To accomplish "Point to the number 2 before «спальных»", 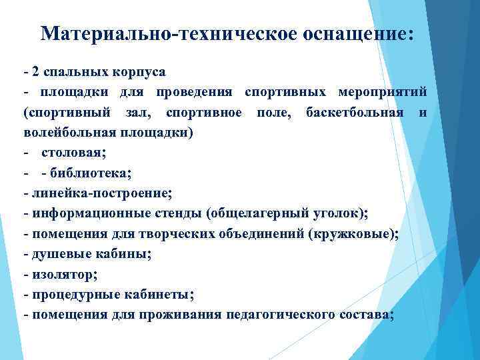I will pyautogui.click(x=36, y=71).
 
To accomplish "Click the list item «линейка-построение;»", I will pyautogui.click(x=100, y=193).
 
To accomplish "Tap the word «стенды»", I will pyautogui.click(x=176, y=214).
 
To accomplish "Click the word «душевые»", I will pyautogui.click(x=57, y=254).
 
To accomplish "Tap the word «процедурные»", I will pyautogui.click(x=71, y=295).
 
